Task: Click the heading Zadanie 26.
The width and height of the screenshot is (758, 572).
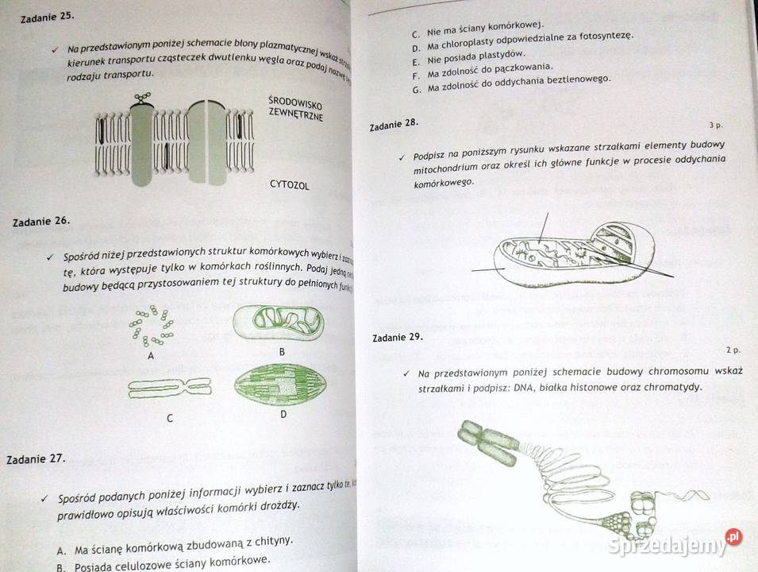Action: click(x=42, y=222)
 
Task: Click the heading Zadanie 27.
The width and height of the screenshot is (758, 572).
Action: click(x=36, y=458)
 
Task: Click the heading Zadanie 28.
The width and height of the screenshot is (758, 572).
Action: click(x=394, y=124)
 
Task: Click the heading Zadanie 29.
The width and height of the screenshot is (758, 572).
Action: click(x=397, y=337)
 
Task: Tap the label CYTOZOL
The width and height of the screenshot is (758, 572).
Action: click(x=289, y=186)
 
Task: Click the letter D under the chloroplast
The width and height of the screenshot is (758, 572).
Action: click(x=283, y=415)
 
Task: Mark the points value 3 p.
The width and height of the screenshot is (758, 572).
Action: click(x=714, y=125)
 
